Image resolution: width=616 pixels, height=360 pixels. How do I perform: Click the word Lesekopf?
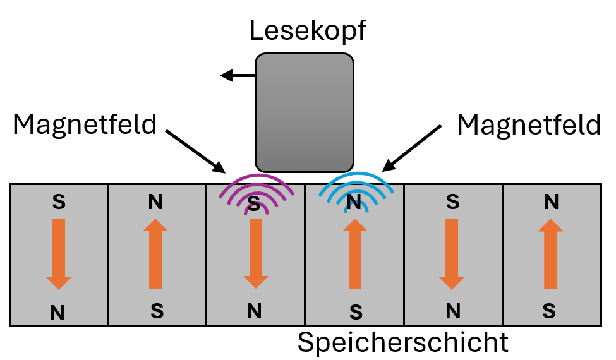[308, 31]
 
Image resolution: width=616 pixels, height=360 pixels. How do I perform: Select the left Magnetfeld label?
[85, 125]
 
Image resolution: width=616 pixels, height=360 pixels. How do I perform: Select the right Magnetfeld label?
[529, 125]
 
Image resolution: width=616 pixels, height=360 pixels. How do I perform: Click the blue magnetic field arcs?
[356, 186]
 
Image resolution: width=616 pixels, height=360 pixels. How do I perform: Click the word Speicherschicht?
[403, 342]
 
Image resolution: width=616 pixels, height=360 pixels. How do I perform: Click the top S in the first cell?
[58, 202]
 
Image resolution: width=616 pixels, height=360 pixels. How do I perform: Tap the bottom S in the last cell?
[550, 311]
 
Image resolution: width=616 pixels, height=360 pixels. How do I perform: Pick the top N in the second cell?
[155, 202]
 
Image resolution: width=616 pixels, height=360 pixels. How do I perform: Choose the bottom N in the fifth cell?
[452, 311]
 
